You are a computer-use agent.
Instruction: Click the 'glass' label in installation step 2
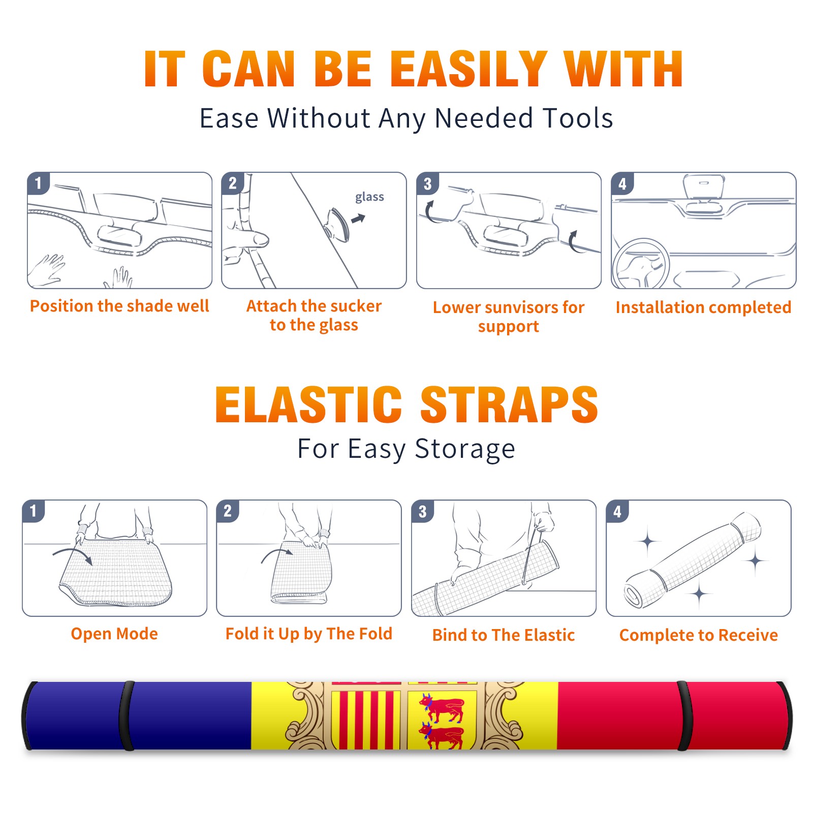(369, 197)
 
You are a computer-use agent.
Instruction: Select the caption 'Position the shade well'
(119, 306)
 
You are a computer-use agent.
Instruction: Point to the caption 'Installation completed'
(703, 307)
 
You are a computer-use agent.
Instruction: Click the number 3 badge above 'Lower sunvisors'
(427, 183)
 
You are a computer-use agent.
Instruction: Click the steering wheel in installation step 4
(641, 264)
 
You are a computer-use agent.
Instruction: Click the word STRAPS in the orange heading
(509, 404)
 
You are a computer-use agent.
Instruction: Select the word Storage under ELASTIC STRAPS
(465, 449)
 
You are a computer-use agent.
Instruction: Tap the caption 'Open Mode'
(114, 634)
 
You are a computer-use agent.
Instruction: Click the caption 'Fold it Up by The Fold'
(309, 634)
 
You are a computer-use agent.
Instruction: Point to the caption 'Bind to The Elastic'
(504, 635)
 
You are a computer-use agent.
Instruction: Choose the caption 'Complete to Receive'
(699, 635)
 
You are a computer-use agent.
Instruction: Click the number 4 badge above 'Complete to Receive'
(617, 511)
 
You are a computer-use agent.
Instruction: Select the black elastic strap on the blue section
(127, 715)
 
